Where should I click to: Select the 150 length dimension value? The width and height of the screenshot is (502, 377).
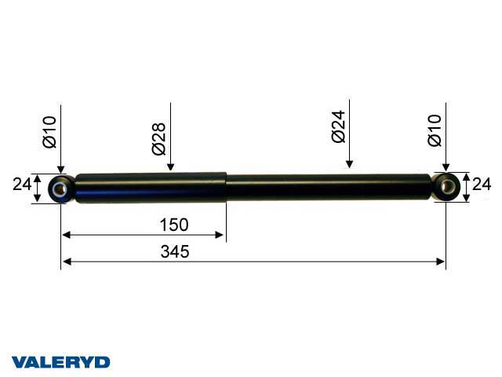(x=174, y=225)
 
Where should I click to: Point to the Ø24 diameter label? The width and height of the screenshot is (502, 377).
(x=339, y=126)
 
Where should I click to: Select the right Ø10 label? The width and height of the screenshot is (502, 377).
(x=435, y=130)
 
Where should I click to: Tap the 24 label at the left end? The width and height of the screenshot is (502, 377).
(x=21, y=185)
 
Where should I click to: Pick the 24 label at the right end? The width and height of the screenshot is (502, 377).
(x=482, y=185)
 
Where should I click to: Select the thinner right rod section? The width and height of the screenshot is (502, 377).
(x=329, y=188)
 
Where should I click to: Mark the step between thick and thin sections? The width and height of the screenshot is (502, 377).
(x=227, y=188)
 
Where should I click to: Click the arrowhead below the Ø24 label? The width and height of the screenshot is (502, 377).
(x=349, y=164)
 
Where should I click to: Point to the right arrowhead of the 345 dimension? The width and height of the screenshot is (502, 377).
(x=440, y=262)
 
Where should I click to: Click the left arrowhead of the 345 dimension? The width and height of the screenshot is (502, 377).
(x=67, y=262)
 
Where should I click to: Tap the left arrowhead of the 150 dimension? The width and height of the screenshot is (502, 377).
(x=67, y=234)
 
